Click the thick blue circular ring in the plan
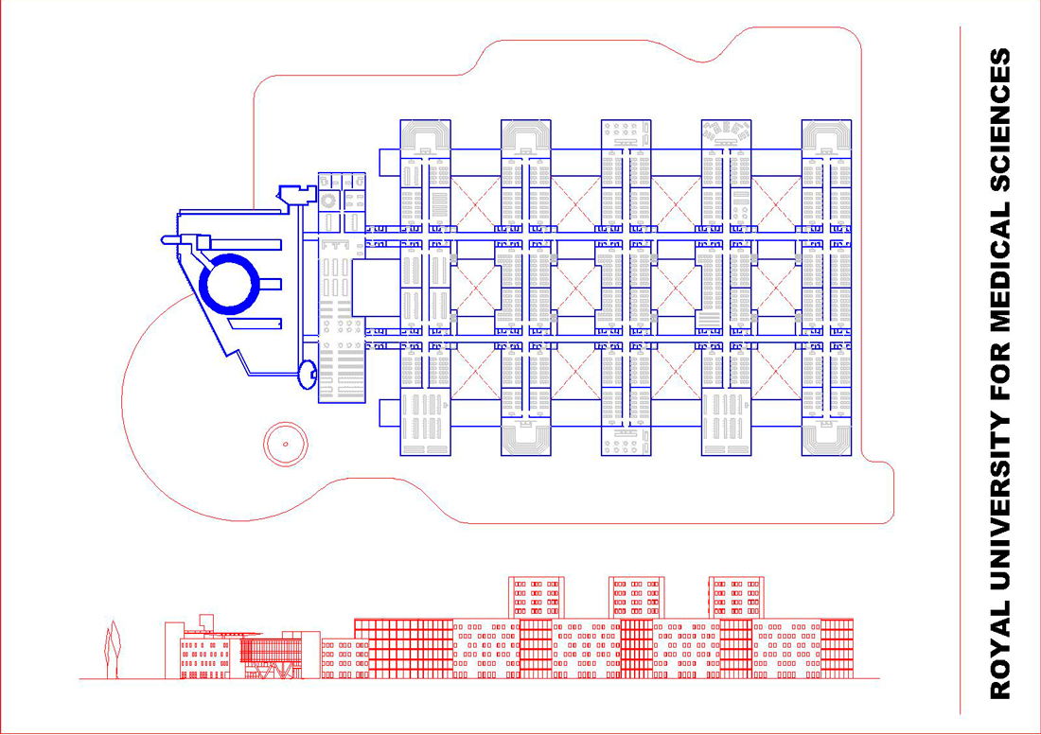tap(229, 283)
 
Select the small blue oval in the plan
tap(307, 373)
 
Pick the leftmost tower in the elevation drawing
tap(538, 596)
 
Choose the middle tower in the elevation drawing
tap(635, 596)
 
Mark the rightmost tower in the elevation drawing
tap(736, 596)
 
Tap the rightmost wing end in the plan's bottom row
tap(828, 437)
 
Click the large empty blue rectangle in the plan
tap(376, 289)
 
